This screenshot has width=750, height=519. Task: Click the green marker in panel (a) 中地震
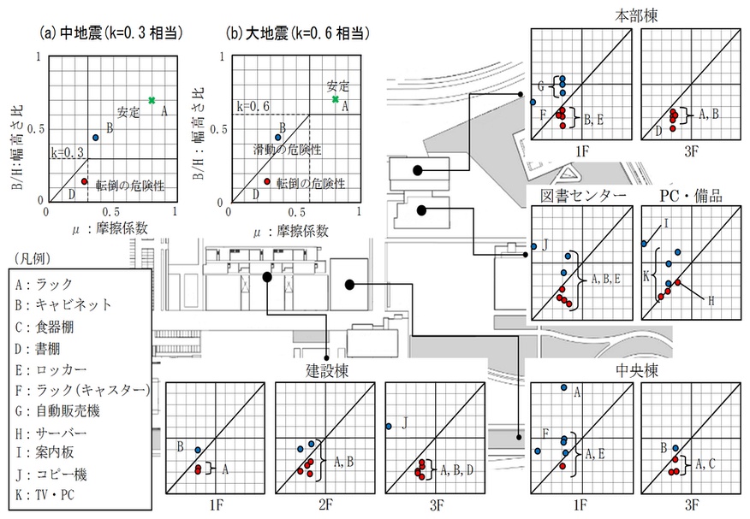152,101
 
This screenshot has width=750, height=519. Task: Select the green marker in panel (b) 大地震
336,99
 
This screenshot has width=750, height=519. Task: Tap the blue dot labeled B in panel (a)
96,137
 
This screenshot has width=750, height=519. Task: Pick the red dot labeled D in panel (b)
267,181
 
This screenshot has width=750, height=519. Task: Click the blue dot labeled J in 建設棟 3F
390,426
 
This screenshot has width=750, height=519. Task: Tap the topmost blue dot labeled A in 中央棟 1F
563,388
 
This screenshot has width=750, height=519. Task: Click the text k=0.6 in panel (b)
254,106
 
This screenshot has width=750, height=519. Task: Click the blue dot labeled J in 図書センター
533,243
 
